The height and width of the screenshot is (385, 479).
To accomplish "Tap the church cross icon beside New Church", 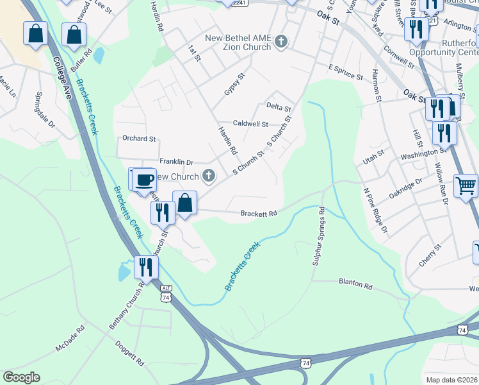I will click(x=208, y=175).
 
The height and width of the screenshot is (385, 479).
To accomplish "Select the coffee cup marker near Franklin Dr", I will click(x=145, y=179).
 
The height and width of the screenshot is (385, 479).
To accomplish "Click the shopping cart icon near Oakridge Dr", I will click(x=466, y=186).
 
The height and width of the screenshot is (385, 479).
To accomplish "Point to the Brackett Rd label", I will click(x=259, y=214).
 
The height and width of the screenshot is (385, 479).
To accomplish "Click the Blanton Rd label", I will click(x=355, y=284).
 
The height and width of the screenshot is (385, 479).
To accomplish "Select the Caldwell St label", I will click(x=250, y=123).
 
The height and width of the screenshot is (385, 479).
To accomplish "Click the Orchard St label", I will click(x=139, y=138).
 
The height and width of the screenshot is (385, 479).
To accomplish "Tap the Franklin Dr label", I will click(x=176, y=162).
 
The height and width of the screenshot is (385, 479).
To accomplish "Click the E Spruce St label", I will click(x=346, y=71).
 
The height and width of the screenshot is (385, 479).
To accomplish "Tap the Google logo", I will click(x=20, y=377).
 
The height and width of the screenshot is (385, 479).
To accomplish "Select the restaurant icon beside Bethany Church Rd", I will click(x=145, y=267).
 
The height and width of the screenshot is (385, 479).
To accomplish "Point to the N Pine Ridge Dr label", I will click(x=375, y=210).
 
